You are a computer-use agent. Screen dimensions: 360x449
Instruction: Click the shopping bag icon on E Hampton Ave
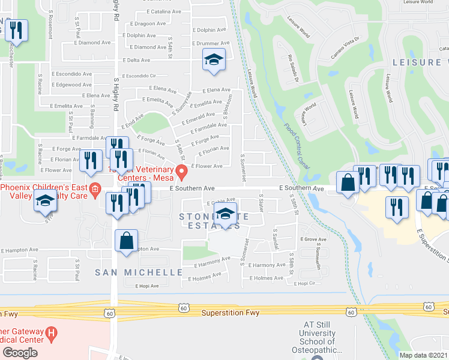[127, 242]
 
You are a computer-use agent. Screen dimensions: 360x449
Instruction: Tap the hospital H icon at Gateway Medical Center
[53, 332]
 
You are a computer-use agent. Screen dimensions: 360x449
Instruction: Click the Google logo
[20, 353]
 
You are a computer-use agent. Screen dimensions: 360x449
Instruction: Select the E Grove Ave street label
[313, 239]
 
